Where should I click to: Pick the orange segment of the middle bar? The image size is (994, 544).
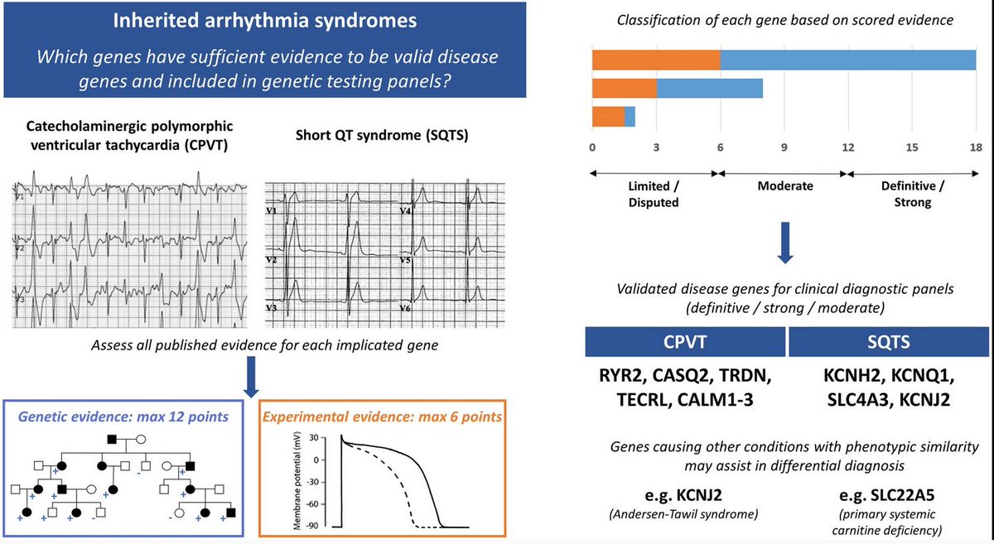[624, 89]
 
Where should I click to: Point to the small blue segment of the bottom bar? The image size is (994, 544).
[630, 117]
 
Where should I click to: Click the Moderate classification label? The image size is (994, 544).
[784, 186]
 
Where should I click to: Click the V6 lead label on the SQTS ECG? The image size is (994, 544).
[405, 308]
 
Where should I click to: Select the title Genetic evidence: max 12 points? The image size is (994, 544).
[124, 416]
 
